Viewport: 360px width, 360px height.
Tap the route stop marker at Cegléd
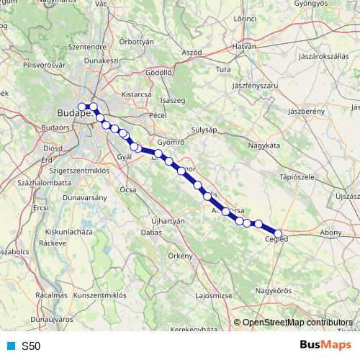click(x=279, y=233)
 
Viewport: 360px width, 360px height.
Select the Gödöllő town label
click(x=158, y=72)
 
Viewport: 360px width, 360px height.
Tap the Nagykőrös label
click(x=272, y=290)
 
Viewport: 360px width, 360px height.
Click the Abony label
click(x=331, y=233)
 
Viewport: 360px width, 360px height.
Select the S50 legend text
click(x=31, y=346)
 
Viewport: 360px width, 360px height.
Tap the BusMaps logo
click(x=325, y=345)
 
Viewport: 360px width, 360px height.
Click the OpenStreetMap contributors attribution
click(x=297, y=323)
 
